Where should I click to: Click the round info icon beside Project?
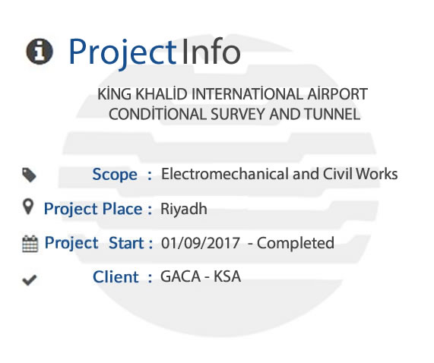click(x=40, y=52)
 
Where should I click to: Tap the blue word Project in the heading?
click(x=122, y=52)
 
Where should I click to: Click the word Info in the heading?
click(x=211, y=52)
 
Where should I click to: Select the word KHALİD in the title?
click(x=161, y=93)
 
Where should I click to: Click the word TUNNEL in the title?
click(x=332, y=114)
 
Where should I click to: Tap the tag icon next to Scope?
click(x=29, y=175)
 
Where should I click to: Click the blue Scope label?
click(x=115, y=175)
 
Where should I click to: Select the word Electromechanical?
click(x=225, y=174)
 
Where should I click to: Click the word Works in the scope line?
click(x=377, y=174)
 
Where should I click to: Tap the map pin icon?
click(x=27, y=207)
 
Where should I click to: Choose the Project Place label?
click(x=93, y=209)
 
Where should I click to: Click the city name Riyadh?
click(x=184, y=209)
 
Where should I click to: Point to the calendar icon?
click(x=30, y=244)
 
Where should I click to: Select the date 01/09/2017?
click(x=201, y=243)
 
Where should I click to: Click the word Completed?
click(x=296, y=243)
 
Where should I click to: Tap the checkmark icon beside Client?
click(x=30, y=280)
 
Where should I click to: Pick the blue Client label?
click(x=116, y=277)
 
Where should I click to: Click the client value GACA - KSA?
click(x=201, y=276)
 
